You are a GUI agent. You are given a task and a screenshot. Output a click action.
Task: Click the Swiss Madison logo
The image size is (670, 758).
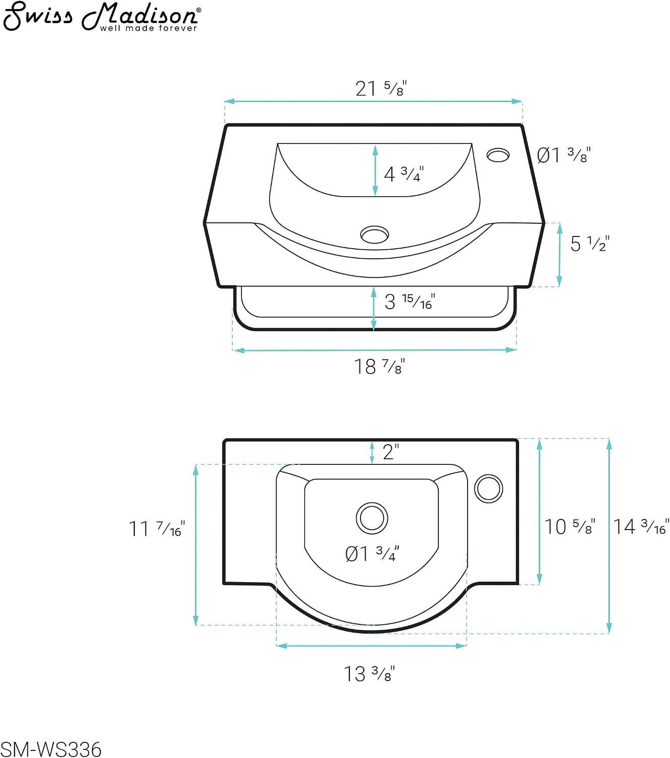pos(101,17)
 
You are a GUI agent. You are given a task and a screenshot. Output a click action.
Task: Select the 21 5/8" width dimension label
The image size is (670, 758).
pos(381,88)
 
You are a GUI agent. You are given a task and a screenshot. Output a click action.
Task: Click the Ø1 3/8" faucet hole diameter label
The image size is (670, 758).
pos(564,155)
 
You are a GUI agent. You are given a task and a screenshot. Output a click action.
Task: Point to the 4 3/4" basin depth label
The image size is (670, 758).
pos(404,174)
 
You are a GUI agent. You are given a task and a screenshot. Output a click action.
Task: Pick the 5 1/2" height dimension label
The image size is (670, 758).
pos(590,244)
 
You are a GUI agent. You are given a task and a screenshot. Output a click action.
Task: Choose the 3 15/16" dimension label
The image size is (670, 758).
pos(410,302)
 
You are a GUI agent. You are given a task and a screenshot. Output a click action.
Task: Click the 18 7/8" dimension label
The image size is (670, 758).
pos(380,366)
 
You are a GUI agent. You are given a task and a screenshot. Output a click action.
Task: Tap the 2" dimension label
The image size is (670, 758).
pos(391,452)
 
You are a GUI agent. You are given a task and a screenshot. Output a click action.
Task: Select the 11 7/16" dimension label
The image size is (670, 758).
pos(157,529)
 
